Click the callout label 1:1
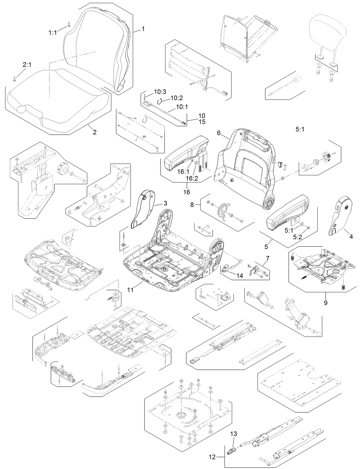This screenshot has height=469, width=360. pos(52,33)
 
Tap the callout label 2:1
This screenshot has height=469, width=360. pos(27,65)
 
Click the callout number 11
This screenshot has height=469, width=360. pos(130,290)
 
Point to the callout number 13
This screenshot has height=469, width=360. pos(234,434)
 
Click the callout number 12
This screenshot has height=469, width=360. pos(212,457)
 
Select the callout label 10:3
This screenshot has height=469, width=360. pos(160,92)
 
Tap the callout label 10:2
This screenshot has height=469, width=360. pos(177,98)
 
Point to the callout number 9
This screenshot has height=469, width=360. pos(325,302)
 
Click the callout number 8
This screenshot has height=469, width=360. pos(192,205)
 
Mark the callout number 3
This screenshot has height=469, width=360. pos(165,203)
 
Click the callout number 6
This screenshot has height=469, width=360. pos(219,133)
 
